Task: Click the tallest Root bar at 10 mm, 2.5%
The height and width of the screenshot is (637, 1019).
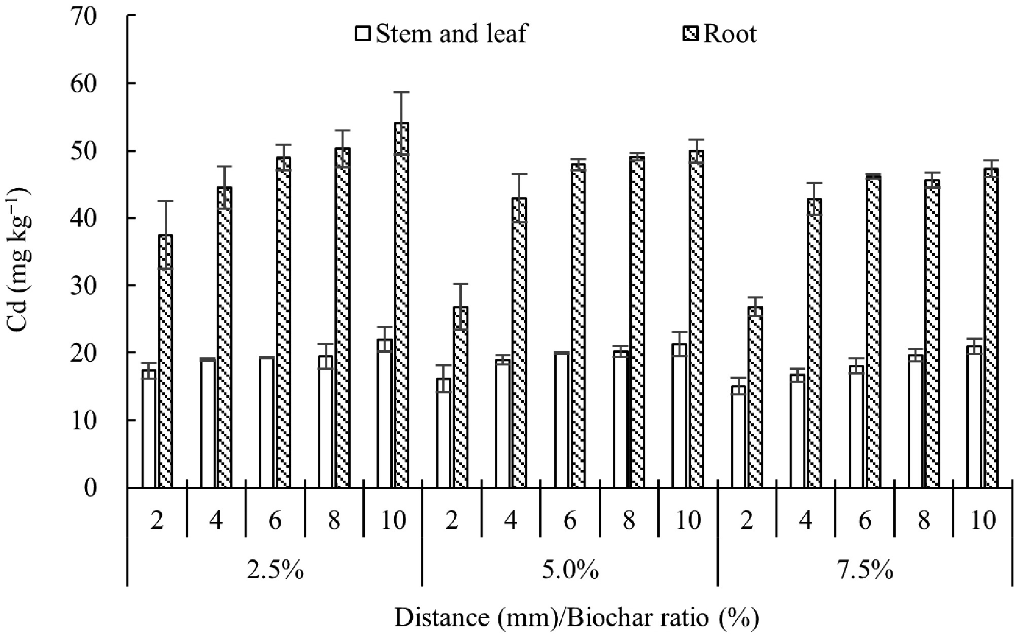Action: pos(401,305)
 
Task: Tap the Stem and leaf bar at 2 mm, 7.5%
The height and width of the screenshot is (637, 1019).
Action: pos(738,437)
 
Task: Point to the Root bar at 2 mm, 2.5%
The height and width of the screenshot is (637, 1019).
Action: pos(165,361)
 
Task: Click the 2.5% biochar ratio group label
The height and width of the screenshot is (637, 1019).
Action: pos(275,571)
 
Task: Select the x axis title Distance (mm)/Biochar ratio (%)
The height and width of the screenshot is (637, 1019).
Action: pos(577,618)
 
